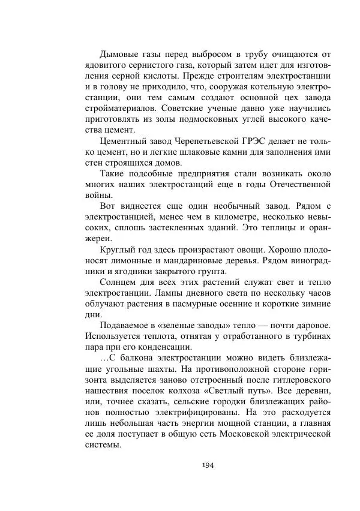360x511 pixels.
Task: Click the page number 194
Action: coord(208,465)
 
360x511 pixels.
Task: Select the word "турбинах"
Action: coord(311,336)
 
